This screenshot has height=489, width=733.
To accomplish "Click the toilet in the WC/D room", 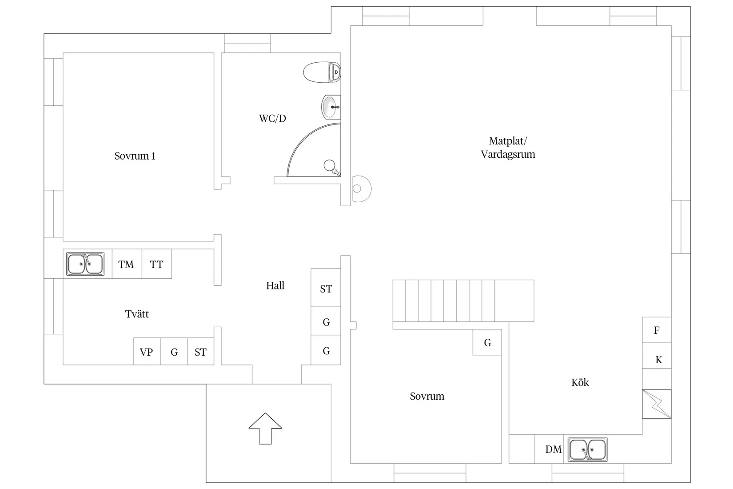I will pos(322,72).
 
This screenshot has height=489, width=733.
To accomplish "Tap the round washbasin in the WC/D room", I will pos(330,107).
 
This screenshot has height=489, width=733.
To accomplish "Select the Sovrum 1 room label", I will pos(135,156).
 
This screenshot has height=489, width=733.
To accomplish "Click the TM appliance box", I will pos(127,264).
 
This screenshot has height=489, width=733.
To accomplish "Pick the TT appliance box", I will pos(156,264).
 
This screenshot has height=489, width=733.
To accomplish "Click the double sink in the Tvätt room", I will pos(85,264).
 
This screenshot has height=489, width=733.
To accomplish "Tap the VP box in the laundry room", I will pos(147,352).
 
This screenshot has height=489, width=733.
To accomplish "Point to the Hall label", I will pos(275,286).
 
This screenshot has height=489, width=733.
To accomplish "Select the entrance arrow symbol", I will pos(265,428).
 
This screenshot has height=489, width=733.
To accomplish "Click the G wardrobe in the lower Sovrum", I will pos(487,342).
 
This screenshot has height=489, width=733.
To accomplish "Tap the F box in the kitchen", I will pos(657,330).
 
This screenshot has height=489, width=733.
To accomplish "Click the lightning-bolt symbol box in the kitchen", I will pos(657,404).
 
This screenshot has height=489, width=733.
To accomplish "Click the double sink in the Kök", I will pos(587,449).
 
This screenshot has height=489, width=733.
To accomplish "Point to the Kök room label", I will pos(580,382).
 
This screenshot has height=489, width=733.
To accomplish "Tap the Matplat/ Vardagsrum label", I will pos(508,148).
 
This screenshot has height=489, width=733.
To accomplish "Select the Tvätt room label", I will pos(137,314).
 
